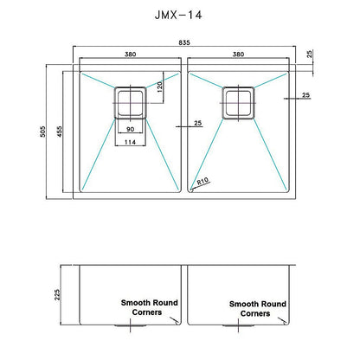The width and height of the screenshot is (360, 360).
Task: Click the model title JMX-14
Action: click(179, 16)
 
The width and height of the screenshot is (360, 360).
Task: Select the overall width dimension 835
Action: click(185, 44)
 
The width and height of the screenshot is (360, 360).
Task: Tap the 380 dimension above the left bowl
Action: click(130, 54)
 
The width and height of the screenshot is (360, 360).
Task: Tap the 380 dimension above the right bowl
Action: click(236, 54)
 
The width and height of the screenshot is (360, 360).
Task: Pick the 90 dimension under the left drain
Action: click(130, 130)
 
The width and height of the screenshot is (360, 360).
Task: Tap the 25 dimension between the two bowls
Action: click(197, 124)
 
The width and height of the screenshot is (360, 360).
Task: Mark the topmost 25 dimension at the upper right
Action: click(310, 54)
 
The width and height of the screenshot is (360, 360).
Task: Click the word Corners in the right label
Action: click(257, 316)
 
